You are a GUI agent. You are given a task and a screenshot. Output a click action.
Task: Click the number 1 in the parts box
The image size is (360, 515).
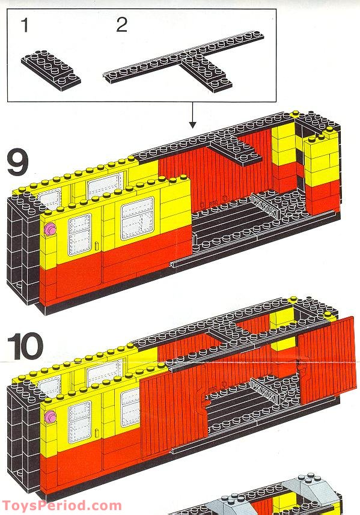(24, 25)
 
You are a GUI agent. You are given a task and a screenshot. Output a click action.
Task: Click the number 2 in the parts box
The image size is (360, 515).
(122, 25)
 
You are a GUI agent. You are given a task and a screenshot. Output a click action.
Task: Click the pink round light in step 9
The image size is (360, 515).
(49, 228)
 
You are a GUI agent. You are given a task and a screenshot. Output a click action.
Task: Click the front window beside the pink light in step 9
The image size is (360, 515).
(80, 235)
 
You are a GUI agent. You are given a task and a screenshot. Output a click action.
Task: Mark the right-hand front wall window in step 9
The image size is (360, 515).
(137, 218)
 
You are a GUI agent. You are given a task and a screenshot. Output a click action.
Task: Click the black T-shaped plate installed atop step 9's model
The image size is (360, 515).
(234, 147)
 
